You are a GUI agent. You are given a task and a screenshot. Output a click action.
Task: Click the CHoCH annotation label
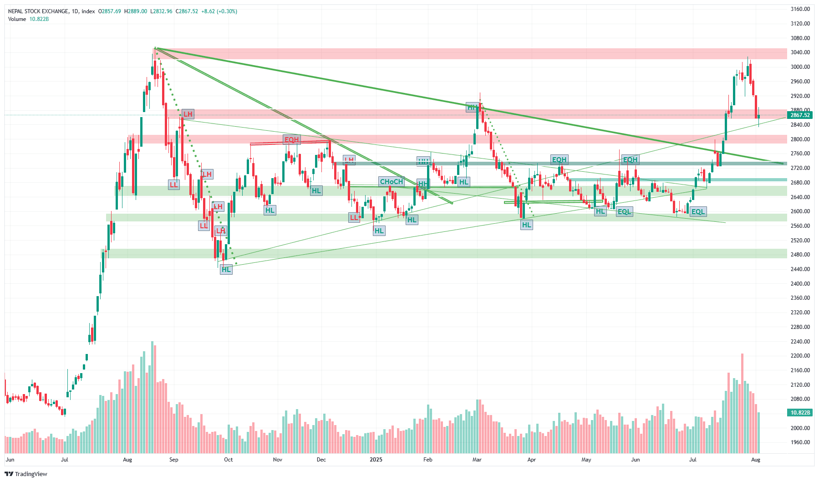[x=392, y=182]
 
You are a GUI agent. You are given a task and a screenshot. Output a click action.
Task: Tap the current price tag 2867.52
[x=800, y=115]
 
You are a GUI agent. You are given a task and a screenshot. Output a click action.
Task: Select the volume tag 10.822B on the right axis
[x=800, y=413]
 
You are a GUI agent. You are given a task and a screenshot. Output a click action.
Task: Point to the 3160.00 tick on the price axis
[x=800, y=9]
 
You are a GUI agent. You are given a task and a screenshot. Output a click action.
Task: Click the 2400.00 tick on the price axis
[x=800, y=284]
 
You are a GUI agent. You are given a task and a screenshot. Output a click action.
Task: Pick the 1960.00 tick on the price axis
[x=800, y=442]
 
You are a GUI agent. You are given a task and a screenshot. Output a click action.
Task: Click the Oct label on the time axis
[x=229, y=460]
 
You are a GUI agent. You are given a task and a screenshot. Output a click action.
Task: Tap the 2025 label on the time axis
[x=376, y=460]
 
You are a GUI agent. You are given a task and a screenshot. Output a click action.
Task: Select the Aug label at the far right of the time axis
[x=756, y=460]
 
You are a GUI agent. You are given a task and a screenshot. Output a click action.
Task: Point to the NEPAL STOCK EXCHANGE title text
[x=39, y=11]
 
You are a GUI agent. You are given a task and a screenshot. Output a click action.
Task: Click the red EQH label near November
[x=291, y=140]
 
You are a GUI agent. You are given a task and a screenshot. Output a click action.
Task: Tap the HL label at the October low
[x=226, y=270]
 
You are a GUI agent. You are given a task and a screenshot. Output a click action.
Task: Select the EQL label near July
[x=698, y=212]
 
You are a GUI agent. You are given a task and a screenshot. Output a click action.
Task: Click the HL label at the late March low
[x=527, y=225]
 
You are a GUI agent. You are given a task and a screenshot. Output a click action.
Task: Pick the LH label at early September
[x=188, y=114]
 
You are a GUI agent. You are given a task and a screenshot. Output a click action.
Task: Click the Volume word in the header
[x=17, y=19]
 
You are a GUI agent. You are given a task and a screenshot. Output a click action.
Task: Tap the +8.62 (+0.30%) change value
[x=219, y=11]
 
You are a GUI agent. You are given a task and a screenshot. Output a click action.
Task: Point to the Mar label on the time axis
[x=477, y=460]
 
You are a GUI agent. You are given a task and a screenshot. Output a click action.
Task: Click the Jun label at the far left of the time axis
[x=10, y=460]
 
